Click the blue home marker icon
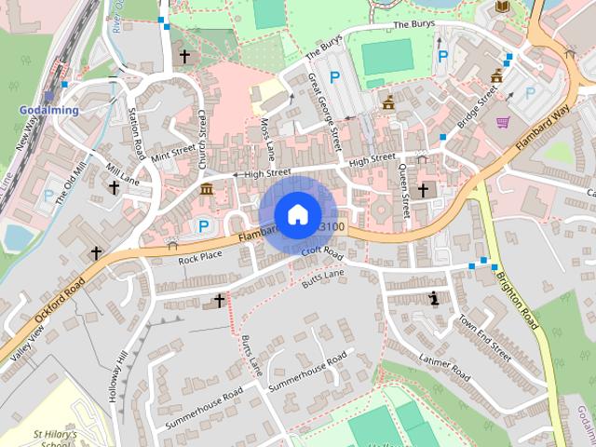(297, 214)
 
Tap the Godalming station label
(48, 110)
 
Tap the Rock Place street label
(200, 256)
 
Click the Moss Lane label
(267, 138)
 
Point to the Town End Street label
(483, 337)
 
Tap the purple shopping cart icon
(503, 122)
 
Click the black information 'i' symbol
(434, 298)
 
